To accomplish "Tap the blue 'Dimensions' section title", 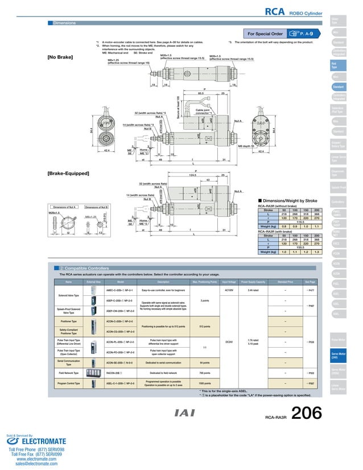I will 64,23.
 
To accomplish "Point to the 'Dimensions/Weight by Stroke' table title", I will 289,200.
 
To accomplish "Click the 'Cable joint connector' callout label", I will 204,112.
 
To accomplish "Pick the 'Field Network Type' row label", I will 68,372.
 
